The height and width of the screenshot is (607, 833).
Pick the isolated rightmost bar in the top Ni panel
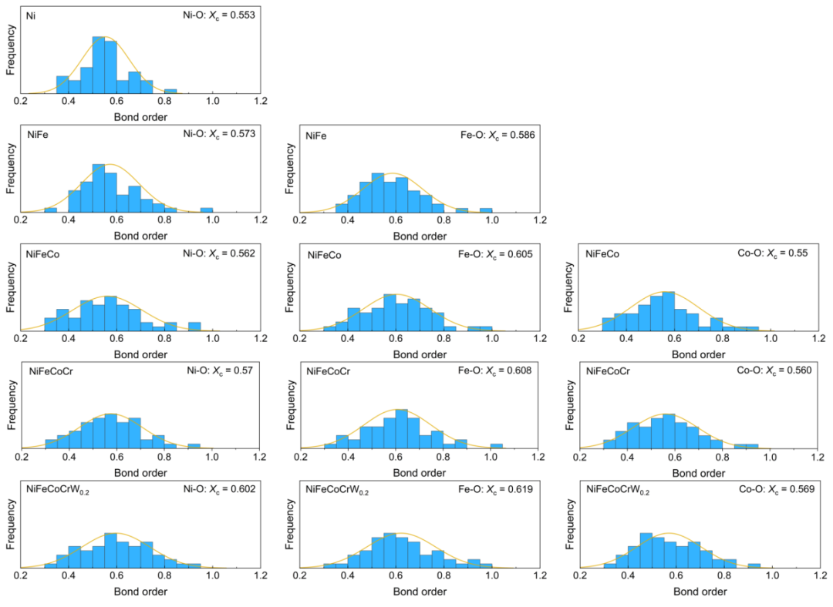170,92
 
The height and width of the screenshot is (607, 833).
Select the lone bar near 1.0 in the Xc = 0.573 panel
207,210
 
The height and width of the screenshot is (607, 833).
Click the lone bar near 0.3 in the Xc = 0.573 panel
50,210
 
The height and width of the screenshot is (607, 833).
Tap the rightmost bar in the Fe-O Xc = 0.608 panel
497,445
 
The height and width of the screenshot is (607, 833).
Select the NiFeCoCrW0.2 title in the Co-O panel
618,489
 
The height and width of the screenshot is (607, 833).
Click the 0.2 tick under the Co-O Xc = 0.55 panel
580,338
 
